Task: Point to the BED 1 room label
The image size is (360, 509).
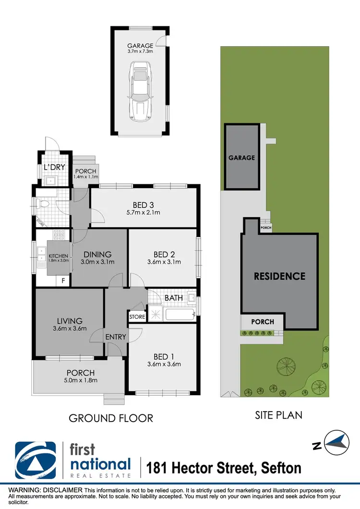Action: pyautogui.click(x=164, y=359)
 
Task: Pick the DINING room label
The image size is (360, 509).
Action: pyautogui.click(x=97, y=258)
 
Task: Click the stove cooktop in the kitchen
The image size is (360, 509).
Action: pyautogui.click(x=59, y=235)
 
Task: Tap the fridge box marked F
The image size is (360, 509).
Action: pyautogui.click(x=63, y=281)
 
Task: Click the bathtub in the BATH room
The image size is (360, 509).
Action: pyautogui.click(x=179, y=315)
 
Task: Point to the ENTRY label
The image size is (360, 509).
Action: pyautogui.click(x=116, y=337)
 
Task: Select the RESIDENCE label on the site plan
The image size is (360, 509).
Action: pyautogui.click(x=279, y=276)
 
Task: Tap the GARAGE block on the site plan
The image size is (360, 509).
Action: pyautogui.click(x=241, y=157)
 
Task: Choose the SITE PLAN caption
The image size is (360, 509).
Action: pyautogui.click(x=278, y=414)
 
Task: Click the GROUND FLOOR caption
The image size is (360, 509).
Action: pyautogui.click(x=111, y=418)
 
